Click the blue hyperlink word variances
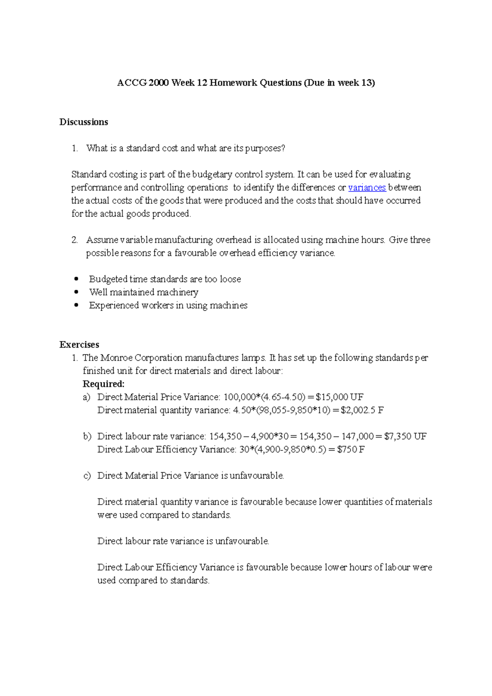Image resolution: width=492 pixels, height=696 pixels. [367, 188]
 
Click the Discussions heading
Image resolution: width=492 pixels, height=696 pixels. [84, 122]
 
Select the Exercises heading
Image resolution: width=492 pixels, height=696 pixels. [79, 345]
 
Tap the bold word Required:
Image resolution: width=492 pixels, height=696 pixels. [103, 384]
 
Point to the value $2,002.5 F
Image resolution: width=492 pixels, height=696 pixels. [362, 410]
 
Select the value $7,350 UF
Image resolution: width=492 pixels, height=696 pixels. [405, 437]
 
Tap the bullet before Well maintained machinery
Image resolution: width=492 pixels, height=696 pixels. [76, 292]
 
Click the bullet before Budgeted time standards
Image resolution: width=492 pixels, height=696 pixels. [76, 279]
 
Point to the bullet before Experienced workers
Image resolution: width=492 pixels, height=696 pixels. [76, 305]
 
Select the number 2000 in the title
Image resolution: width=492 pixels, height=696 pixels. [159, 83]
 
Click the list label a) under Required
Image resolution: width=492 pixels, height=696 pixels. [86, 397]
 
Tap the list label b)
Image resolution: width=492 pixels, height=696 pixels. [87, 437]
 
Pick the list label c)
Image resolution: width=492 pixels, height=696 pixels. [87, 476]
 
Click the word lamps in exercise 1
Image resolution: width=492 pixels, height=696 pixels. [253, 358]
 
